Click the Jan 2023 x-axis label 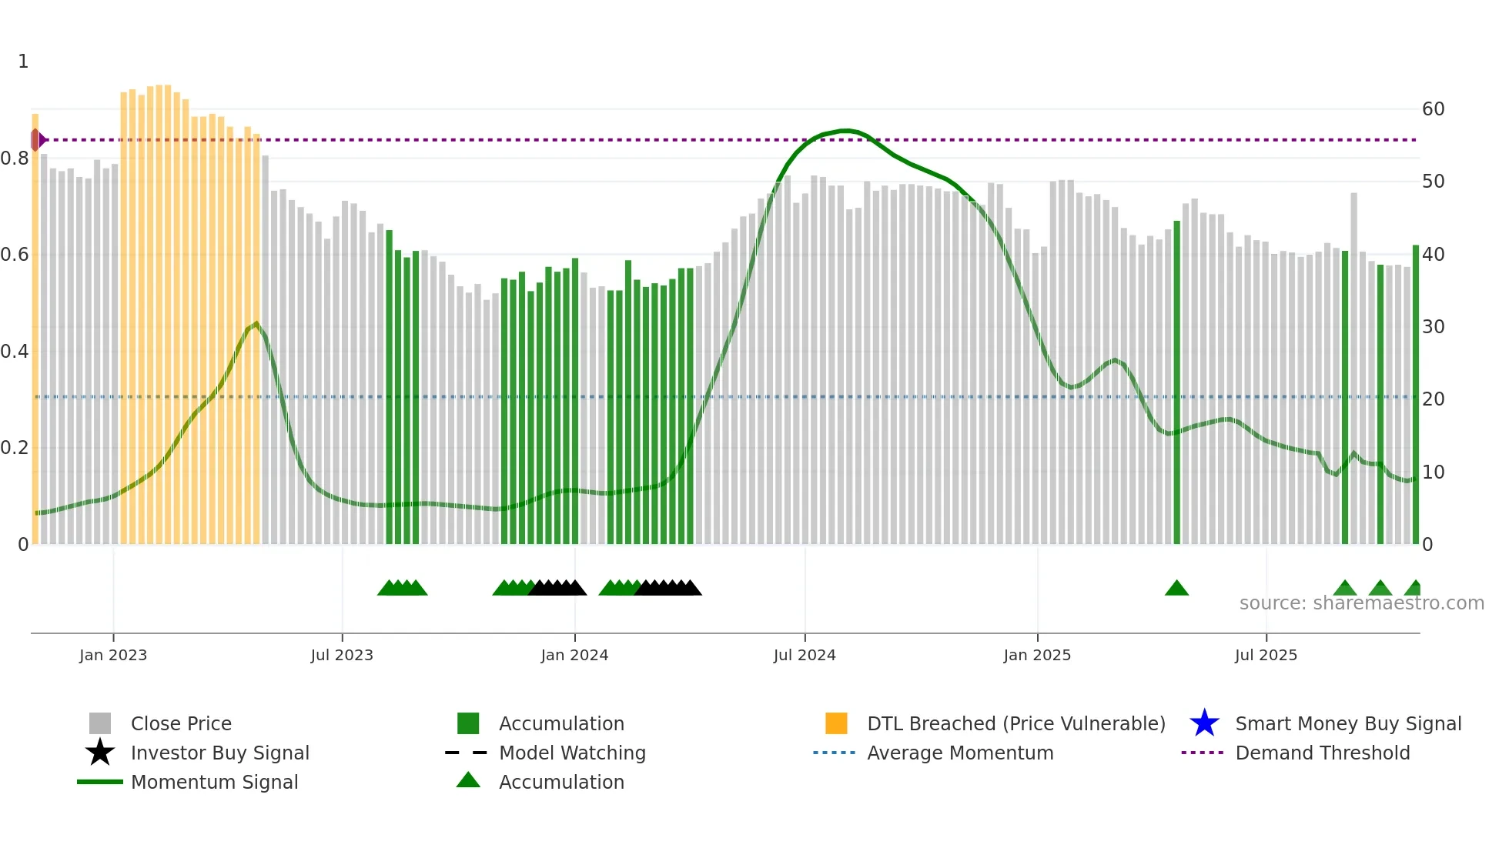tap(113, 655)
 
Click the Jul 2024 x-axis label tap(805, 655)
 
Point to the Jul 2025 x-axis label tap(1266, 655)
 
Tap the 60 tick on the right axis tap(1433, 109)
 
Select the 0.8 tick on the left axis tap(15, 159)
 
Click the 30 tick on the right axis tap(1433, 327)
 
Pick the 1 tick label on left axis tap(23, 62)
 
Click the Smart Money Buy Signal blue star tap(1204, 723)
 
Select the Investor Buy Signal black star tap(100, 753)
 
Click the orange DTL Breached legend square tap(836, 723)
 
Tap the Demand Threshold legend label tap(1322, 753)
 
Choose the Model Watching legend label tap(572, 753)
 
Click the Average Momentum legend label tap(960, 753)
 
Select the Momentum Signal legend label tap(214, 782)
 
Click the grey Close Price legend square tap(100, 723)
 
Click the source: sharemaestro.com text tap(1361, 603)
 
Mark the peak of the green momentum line tap(845, 131)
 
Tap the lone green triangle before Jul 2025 tap(1176, 589)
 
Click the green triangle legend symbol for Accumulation tap(468, 780)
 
